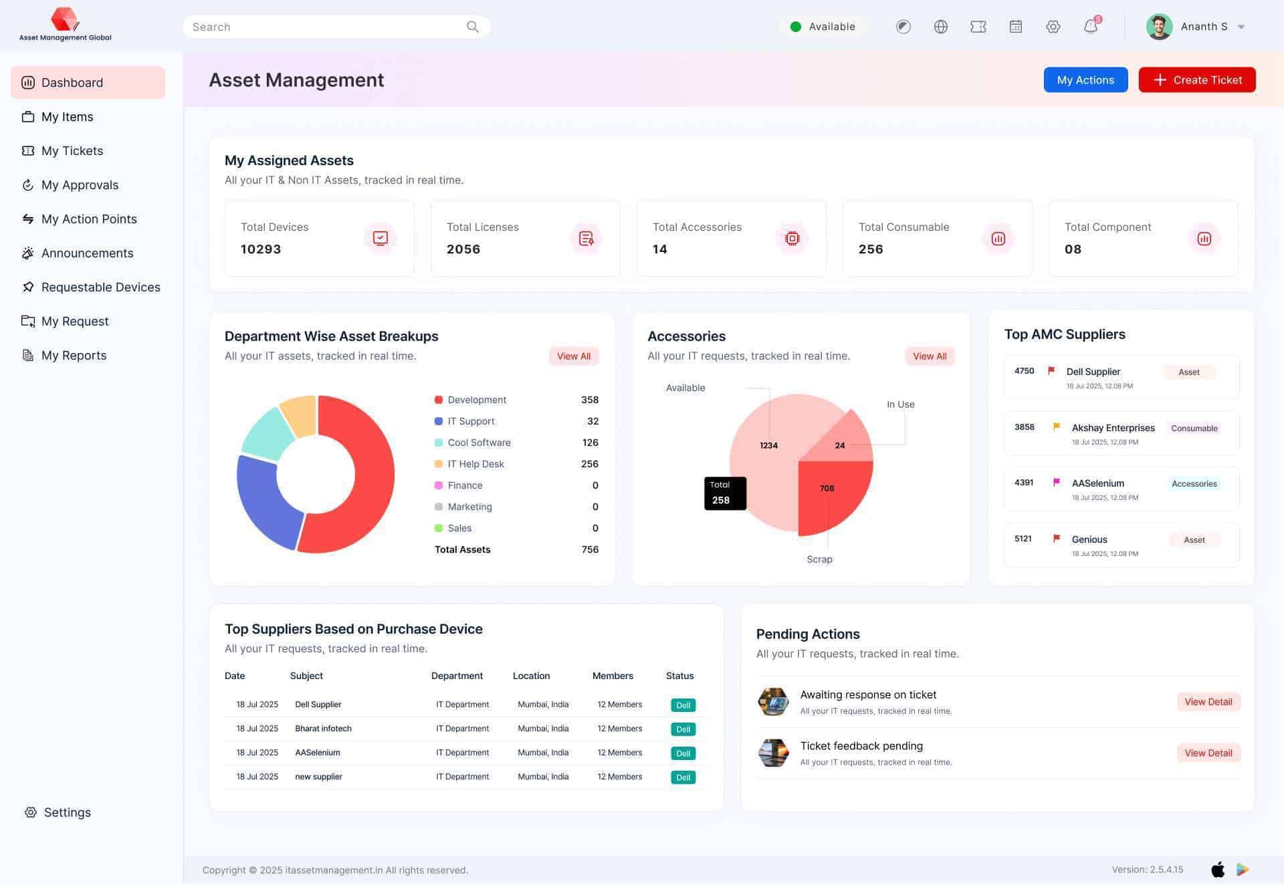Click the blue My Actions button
click(1085, 80)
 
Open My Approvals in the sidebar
click(80, 185)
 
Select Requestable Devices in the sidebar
click(100, 287)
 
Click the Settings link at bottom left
click(66, 812)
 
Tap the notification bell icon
click(1090, 27)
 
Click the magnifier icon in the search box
click(472, 27)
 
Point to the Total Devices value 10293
click(261, 249)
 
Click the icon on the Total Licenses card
click(586, 239)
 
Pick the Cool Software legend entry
click(479, 442)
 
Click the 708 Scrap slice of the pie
click(833, 495)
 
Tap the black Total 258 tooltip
click(725, 493)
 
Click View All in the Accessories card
click(929, 356)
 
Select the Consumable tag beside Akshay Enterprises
click(1194, 428)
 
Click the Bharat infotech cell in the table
click(323, 729)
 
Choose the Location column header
click(531, 676)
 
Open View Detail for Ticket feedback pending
click(1208, 753)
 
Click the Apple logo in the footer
click(1218, 870)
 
